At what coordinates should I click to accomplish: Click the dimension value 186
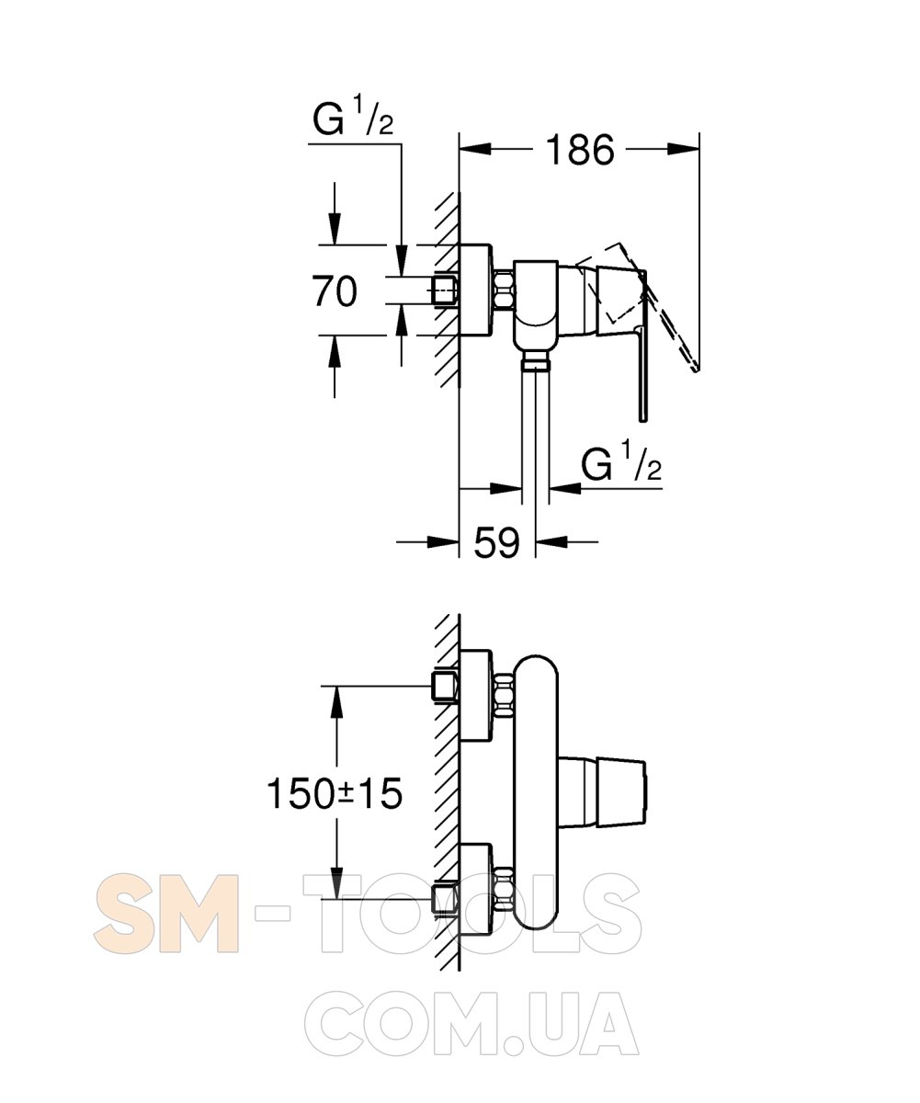tap(580, 150)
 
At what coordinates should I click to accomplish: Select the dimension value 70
tap(335, 290)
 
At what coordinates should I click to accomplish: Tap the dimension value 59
tap(496, 542)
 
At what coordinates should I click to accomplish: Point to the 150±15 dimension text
tap(335, 793)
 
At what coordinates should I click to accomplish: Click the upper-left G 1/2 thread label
tap(353, 118)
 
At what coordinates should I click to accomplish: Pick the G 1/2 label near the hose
tap(621, 462)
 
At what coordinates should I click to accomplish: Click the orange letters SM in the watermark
tap(165, 914)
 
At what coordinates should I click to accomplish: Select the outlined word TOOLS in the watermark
tap(471, 914)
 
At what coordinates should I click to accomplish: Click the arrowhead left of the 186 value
tap(475, 150)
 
